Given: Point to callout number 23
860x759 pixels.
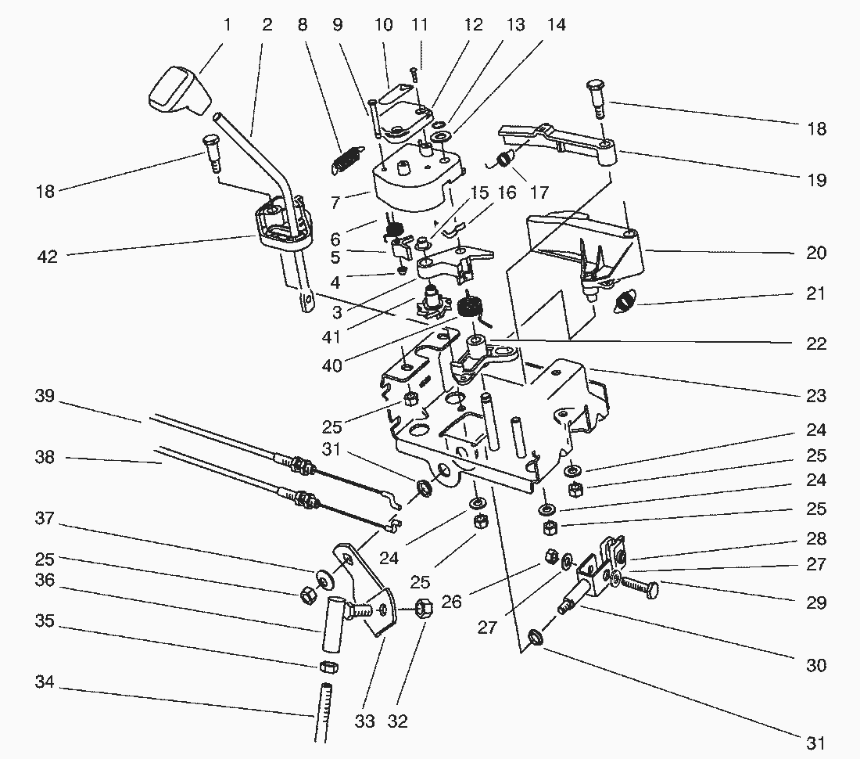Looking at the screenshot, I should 815,396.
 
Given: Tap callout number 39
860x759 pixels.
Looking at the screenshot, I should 44,397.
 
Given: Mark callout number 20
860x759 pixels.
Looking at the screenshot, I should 815,254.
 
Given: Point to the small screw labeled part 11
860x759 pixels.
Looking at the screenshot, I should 415,74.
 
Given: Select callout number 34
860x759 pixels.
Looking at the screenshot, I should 44,683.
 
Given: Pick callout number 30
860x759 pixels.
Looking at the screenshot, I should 815,665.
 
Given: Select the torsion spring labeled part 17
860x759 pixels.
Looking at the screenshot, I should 504,161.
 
